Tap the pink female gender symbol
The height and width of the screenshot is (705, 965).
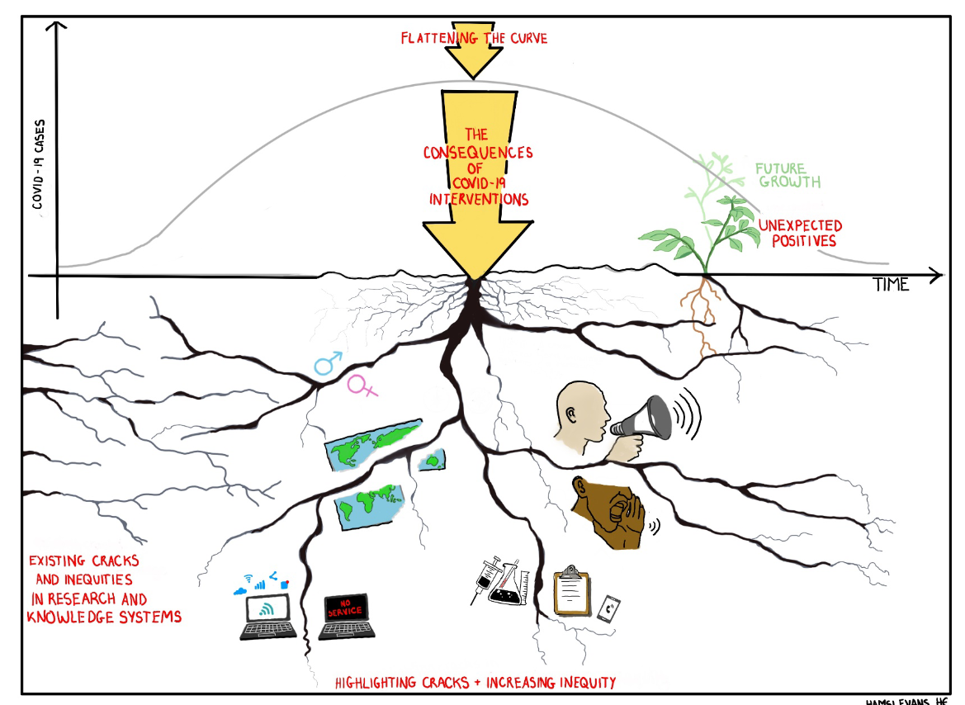tap(362, 385)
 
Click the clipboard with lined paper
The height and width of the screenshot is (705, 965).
tap(571, 590)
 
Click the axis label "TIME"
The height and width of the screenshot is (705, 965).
tap(891, 285)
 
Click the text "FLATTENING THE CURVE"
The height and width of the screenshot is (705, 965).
tap(474, 38)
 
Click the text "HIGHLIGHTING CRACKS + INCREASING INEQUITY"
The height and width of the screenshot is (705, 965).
tap(475, 683)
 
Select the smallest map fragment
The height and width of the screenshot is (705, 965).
tap(432, 460)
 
